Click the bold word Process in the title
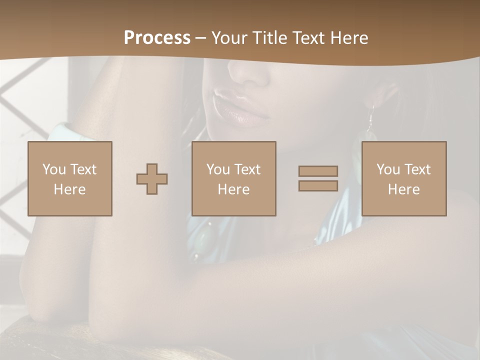tap(157, 37)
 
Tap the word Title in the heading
tap(270, 37)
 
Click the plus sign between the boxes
tap(152, 179)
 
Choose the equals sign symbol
tap(318, 178)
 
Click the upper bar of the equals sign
tap(318, 171)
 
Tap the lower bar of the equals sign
tap(318, 186)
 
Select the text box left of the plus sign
tap(70, 178)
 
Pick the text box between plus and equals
tap(234, 178)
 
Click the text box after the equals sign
tap(404, 178)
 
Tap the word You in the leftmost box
tap(54, 169)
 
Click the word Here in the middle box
tap(234, 189)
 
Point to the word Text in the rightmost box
tap(417, 169)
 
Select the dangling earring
tap(370, 120)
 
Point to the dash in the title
tap(201, 37)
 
